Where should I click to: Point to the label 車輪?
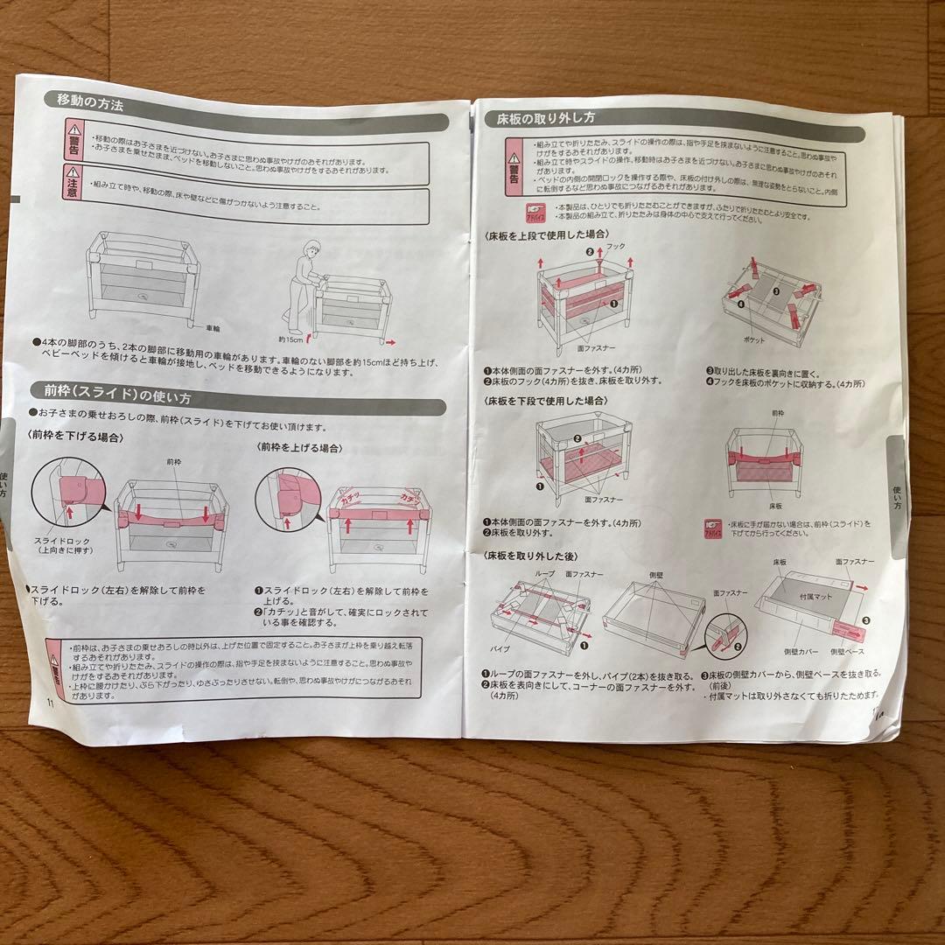[x=213, y=328]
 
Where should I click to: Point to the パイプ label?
[x=500, y=648]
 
